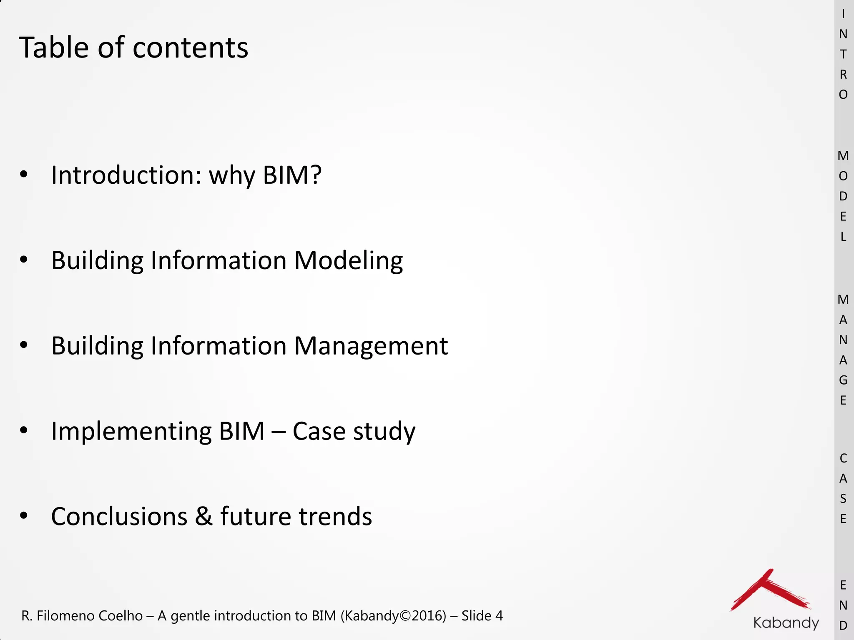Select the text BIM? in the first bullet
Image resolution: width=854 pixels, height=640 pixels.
(x=292, y=175)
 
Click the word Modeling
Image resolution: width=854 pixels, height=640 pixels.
(x=349, y=261)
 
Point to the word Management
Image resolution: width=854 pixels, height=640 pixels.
(x=371, y=346)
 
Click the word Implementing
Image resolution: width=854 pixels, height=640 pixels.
(x=131, y=432)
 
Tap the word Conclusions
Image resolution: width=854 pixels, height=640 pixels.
(x=119, y=517)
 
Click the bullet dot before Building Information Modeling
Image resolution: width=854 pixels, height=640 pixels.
(x=24, y=260)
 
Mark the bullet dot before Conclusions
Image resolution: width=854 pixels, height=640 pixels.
(x=24, y=516)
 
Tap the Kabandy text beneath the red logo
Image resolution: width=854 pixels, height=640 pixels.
(x=786, y=623)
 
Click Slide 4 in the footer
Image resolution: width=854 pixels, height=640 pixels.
(x=482, y=616)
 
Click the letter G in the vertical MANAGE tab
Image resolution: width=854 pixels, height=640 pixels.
(x=843, y=380)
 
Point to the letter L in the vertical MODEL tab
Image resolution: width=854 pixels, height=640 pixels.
(x=843, y=237)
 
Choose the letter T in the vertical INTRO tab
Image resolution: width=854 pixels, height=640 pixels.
(x=843, y=54)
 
